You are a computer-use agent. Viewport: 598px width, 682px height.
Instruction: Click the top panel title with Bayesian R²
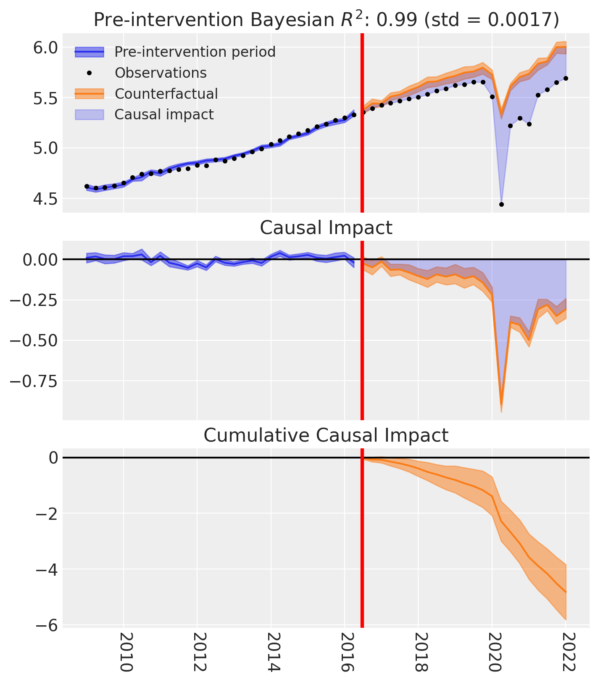[x=326, y=20]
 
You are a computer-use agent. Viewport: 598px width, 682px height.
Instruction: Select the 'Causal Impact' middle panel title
[x=326, y=228]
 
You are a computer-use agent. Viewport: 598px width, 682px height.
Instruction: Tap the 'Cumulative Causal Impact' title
[x=326, y=435]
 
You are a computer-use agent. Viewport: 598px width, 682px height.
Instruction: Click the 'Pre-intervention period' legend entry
[x=195, y=52]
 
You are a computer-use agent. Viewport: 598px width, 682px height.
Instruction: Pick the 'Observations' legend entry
[x=161, y=73]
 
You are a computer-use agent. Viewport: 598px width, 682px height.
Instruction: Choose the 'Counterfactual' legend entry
[x=166, y=93]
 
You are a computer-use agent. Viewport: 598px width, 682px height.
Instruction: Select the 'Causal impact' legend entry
[x=164, y=114]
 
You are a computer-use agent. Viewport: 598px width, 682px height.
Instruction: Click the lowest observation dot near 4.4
[x=501, y=205]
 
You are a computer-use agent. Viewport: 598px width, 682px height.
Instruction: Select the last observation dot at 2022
[x=566, y=78]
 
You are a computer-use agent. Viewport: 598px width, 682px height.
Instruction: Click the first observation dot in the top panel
[x=87, y=186]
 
